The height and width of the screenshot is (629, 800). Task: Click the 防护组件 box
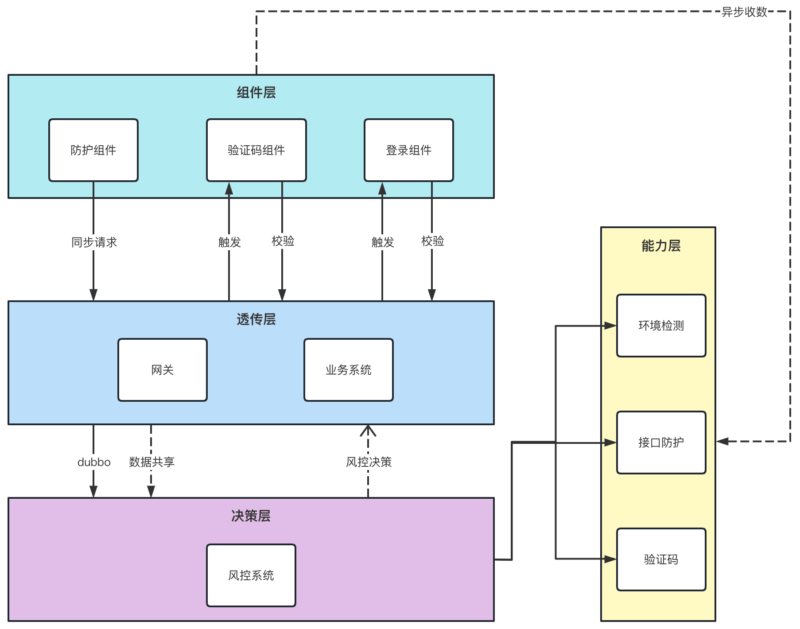(93, 150)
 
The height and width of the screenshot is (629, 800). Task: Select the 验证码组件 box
(256, 150)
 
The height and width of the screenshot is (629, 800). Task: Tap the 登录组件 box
(408, 150)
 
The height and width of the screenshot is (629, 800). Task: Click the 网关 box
(162, 370)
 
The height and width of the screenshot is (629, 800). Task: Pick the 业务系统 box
(348, 370)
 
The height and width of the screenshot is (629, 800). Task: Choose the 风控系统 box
(251, 575)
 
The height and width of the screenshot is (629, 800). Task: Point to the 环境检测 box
(661, 326)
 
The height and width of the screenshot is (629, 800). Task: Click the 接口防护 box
(661, 443)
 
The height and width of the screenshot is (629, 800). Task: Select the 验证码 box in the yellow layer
(661, 559)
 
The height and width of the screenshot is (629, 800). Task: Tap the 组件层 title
(256, 93)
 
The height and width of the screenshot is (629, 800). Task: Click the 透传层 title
(256, 319)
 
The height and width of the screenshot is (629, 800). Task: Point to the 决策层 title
(251, 516)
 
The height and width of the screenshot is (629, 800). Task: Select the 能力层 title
(661, 246)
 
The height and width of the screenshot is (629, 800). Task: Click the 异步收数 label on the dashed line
(744, 12)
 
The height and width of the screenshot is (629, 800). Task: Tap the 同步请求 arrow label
(94, 242)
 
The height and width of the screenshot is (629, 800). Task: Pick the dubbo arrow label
(94, 462)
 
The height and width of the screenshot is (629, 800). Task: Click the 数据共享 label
(151, 462)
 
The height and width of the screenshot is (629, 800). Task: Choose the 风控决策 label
(369, 462)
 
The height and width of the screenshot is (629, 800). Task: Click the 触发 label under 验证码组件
(229, 242)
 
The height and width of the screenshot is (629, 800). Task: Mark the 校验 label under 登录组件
(432, 241)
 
